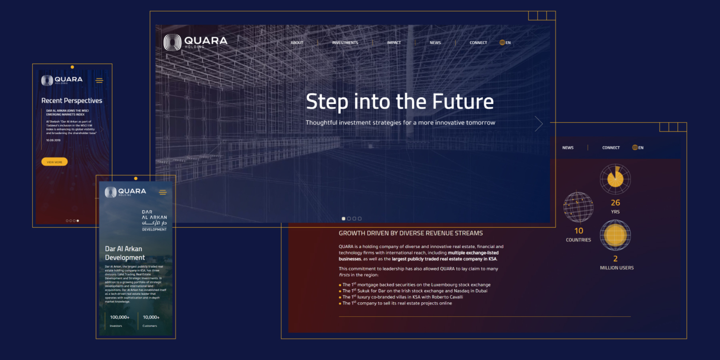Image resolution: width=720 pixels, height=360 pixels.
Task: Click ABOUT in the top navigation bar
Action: click(297, 43)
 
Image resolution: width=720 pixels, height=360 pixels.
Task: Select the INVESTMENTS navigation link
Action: click(345, 43)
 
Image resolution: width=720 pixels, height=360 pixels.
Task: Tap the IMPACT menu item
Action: click(394, 43)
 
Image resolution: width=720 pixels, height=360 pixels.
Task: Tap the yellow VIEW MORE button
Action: click(54, 162)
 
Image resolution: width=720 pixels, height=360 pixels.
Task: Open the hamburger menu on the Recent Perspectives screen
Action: click(99, 81)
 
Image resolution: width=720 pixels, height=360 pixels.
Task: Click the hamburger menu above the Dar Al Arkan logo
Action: click(163, 192)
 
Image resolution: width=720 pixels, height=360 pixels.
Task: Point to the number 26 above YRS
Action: click(615, 202)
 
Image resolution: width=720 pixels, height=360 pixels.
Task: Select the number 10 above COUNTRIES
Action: click(579, 231)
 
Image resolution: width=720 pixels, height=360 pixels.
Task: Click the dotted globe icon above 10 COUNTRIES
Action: click(578, 207)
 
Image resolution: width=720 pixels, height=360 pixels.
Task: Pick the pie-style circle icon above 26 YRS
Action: click(615, 179)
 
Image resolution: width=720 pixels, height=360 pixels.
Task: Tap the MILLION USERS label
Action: click(616, 268)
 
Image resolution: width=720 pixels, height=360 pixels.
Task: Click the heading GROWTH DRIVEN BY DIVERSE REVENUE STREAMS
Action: click(411, 233)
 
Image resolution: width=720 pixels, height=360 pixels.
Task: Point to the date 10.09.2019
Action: click(54, 140)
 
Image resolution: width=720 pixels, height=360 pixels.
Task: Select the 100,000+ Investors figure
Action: click(120, 317)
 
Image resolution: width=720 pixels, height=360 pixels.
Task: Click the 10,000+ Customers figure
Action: click(151, 317)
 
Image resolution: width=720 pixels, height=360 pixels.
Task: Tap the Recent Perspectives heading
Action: click(72, 100)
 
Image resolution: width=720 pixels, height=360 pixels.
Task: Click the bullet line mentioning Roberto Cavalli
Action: click(403, 297)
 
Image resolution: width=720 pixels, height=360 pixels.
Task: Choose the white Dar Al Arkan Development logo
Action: click(154, 220)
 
